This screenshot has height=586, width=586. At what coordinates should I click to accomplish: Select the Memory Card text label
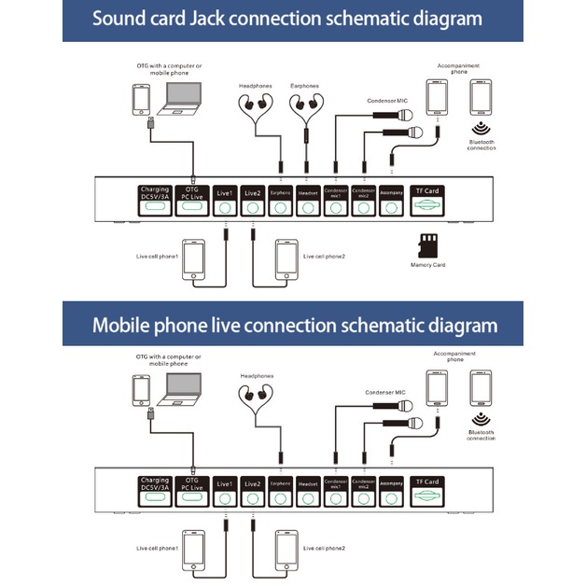coord(428,266)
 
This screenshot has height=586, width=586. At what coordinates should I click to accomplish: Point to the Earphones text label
coord(304,86)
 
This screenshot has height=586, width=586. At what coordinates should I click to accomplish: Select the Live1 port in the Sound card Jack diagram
coord(224,201)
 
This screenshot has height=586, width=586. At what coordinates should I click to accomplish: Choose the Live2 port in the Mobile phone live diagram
coord(252,491)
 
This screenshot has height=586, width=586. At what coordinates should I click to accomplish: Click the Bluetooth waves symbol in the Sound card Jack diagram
coord(481,130)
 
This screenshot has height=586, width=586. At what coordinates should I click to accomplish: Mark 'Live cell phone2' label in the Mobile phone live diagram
coord(325,548)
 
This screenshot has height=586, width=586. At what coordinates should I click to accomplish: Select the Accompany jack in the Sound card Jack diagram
coord(391,201)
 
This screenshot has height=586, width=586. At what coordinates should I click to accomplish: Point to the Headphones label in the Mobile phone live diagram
coord(257,376)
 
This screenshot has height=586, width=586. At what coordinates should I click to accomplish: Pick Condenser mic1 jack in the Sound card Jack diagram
coord(336,201)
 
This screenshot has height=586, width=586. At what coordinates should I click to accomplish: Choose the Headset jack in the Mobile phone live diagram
coord(308,491)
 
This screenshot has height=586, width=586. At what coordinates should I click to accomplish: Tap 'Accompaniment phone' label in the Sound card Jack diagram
coord(455,68)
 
